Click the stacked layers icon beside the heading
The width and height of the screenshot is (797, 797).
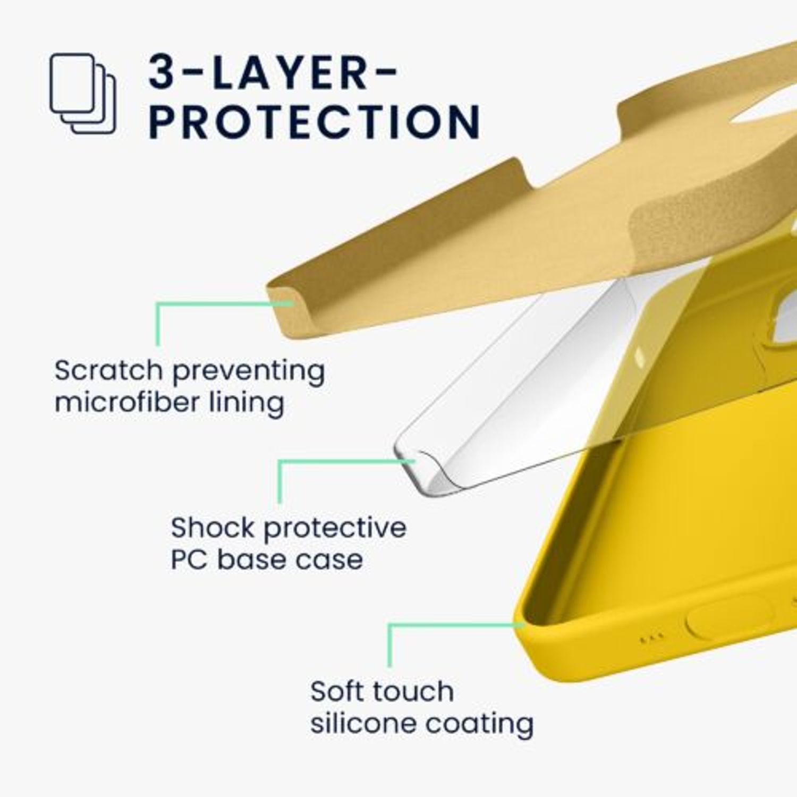(82, 94)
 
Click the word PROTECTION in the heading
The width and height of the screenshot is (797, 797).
(315, 122)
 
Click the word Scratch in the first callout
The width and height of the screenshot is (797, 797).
(108, 370)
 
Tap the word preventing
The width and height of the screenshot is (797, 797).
(248, 371)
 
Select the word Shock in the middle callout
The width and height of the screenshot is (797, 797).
(213, 528)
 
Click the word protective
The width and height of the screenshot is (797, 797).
(335, 529)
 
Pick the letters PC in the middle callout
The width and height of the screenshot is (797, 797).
(189, 559)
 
